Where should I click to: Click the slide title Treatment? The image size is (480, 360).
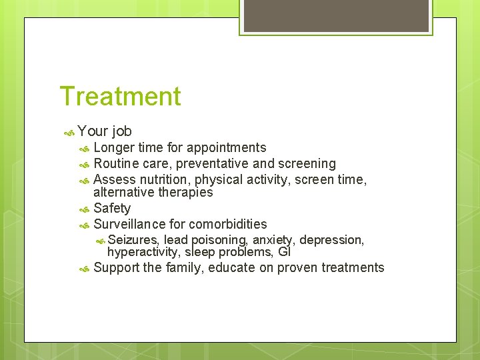120,97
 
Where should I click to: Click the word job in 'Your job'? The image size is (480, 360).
122,131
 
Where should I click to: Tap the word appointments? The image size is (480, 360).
226,148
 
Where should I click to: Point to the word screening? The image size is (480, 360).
307,163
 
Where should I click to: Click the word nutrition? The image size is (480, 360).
165,179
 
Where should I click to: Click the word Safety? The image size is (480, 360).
112,208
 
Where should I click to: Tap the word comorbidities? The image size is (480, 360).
228,224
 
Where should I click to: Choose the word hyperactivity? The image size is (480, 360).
143,252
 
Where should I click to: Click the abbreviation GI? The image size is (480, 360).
284,252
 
